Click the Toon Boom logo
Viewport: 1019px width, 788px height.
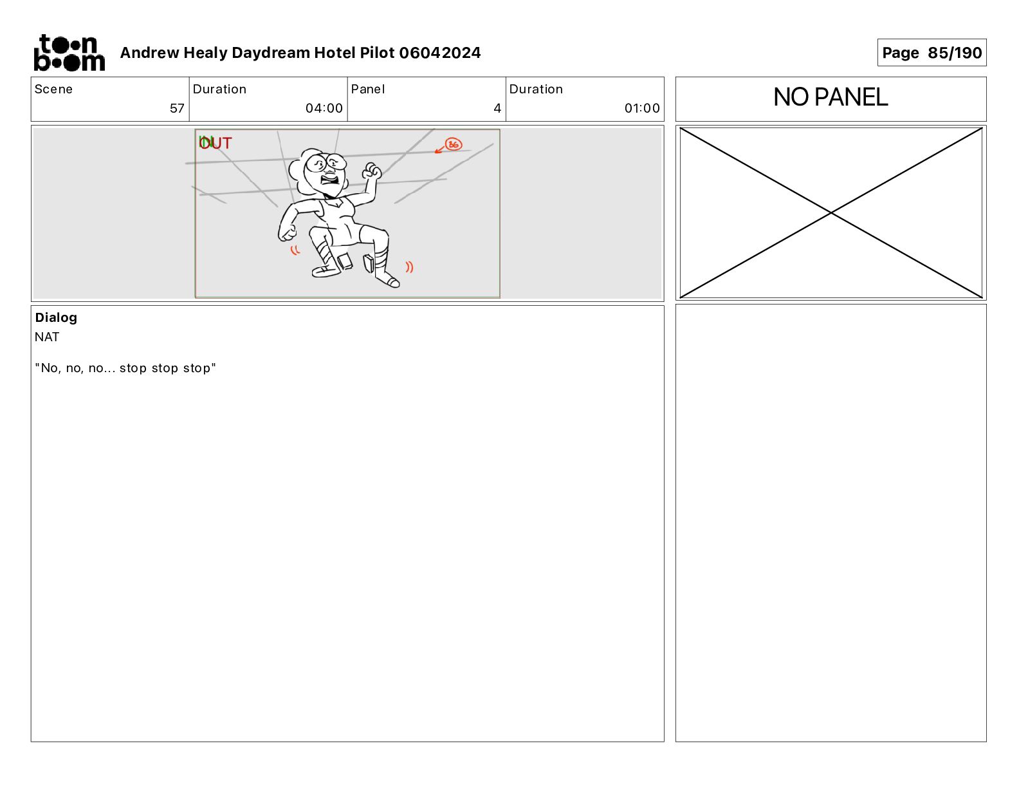(69, 53)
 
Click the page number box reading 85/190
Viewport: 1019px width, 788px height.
(932, 53)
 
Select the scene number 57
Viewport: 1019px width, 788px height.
(177, 108)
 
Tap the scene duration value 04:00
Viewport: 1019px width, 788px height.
(324, 108)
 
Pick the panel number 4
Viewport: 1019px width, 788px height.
(497, 108)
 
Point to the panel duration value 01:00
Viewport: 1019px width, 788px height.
(642, 108)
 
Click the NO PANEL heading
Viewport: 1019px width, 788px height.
(830, 97)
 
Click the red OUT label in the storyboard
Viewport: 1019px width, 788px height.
(216, 143)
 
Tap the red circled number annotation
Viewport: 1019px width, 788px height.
(454, 144)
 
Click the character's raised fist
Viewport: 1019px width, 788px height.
(371, 171)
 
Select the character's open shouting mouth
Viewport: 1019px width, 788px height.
(330, 179)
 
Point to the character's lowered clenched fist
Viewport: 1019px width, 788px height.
(288, 233)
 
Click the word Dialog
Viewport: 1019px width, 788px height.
(56, 318)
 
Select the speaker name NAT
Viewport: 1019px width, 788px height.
(47, 337)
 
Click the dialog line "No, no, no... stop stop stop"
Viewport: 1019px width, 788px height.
(125, 368)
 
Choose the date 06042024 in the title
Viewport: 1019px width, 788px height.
(440, 53)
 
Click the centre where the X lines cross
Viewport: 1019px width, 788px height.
(831, 213)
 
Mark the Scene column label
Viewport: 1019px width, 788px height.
(53, 89)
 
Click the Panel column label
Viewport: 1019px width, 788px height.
(367, 89)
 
